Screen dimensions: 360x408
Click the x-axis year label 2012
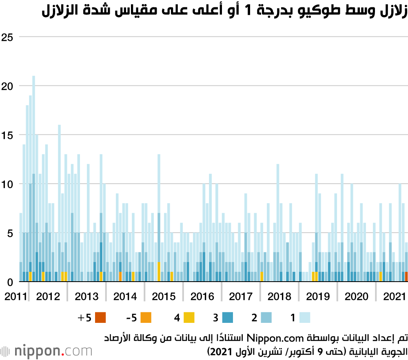pyautogui.click(x=48, y=296)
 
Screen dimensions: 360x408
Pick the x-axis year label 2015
pyautogui.click(x=163, y=296)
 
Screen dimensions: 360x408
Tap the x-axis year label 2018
pyautogui.click(x=279, y=296)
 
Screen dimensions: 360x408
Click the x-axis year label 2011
pyautogui.click(x=13, y=296)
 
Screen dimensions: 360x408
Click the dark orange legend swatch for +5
pyautogui.click(x=100, y=317)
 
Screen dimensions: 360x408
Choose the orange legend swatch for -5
pyautogui.click(x=146, y=317)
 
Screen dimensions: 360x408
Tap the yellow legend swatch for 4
pyautogui.click(x=188, y=317)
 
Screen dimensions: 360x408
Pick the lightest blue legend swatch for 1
pyautogui.click(x=305, y=317)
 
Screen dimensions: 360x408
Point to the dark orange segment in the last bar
pyautogui.click(x=406, y=277)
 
